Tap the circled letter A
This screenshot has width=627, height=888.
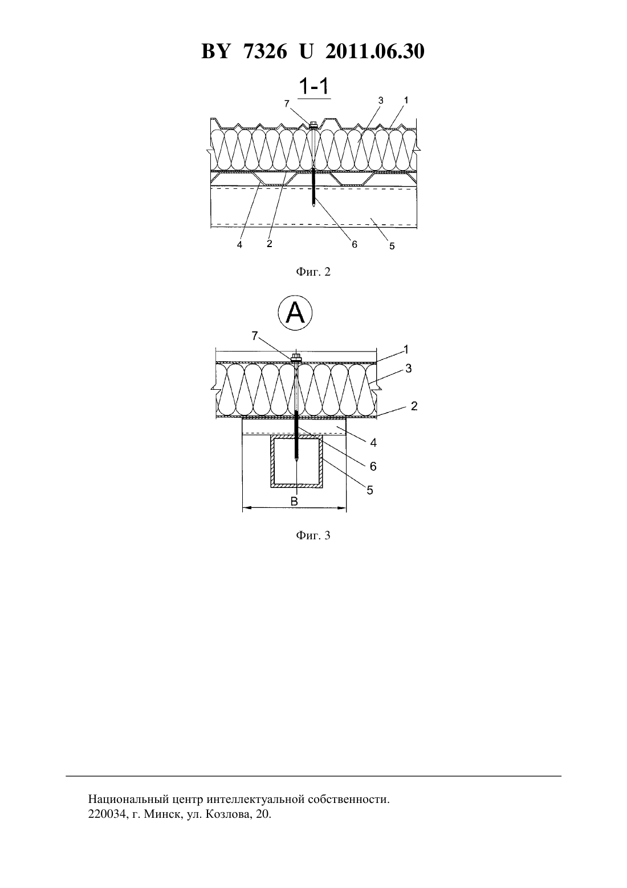coord(295,313)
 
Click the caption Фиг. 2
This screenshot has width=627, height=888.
coord(313,272)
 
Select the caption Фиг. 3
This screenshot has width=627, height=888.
coord(313,535)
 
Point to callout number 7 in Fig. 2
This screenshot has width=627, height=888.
coord(287,103)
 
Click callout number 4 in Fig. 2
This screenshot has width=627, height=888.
coord(239,245)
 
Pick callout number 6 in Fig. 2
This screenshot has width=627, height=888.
coord(355,245)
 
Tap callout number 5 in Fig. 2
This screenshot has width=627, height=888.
coord(392,246)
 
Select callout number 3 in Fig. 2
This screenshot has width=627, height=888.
coord(381,100)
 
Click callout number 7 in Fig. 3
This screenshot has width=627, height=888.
coord(255,336)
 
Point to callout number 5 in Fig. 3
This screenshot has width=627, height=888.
coord(370,490)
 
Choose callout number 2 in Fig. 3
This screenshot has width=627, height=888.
coord(414,406)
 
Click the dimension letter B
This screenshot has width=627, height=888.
coord(294,502)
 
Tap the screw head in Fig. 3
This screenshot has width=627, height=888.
coord(296,358)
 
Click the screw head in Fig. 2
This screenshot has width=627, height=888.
coord(313,124)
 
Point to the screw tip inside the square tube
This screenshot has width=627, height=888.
coord(296,460)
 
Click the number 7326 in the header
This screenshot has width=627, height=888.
coord(265,51)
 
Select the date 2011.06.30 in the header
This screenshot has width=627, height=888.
coord(375,51)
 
